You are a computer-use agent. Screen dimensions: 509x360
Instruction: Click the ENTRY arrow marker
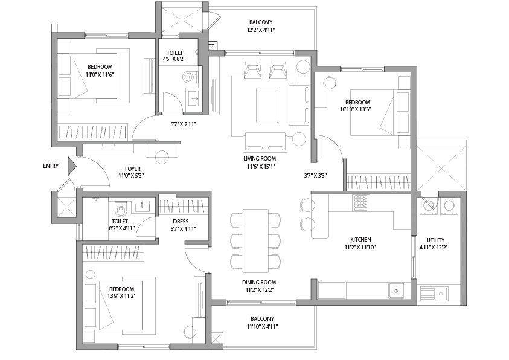[72, 166]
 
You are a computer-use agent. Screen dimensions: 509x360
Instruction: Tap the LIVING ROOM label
[260, 159]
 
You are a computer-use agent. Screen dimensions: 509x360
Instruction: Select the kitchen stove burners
[361, 202]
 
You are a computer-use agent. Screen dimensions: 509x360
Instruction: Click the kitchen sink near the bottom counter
[396, 291]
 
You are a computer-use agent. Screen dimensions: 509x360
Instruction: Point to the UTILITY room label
[435, 240]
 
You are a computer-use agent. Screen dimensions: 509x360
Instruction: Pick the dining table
[255, 240]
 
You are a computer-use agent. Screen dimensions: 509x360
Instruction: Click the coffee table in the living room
[267, 105]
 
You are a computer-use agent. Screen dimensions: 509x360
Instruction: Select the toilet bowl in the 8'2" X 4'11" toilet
[121, 210]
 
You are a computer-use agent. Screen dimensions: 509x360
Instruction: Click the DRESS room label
[181, 222]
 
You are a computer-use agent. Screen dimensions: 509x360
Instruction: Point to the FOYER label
[132, 169]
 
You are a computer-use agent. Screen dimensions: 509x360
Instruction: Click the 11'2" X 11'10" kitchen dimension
[360, 248]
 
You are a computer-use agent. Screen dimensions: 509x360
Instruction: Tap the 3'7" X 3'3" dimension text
[315, 176]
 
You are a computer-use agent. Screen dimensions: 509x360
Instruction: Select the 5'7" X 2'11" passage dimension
[183, 124]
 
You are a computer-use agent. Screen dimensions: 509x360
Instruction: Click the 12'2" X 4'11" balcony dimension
[261, 30]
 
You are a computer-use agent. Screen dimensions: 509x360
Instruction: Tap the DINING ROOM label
[259, 283]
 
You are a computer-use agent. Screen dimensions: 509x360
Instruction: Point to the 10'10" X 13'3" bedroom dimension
[356, 109]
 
